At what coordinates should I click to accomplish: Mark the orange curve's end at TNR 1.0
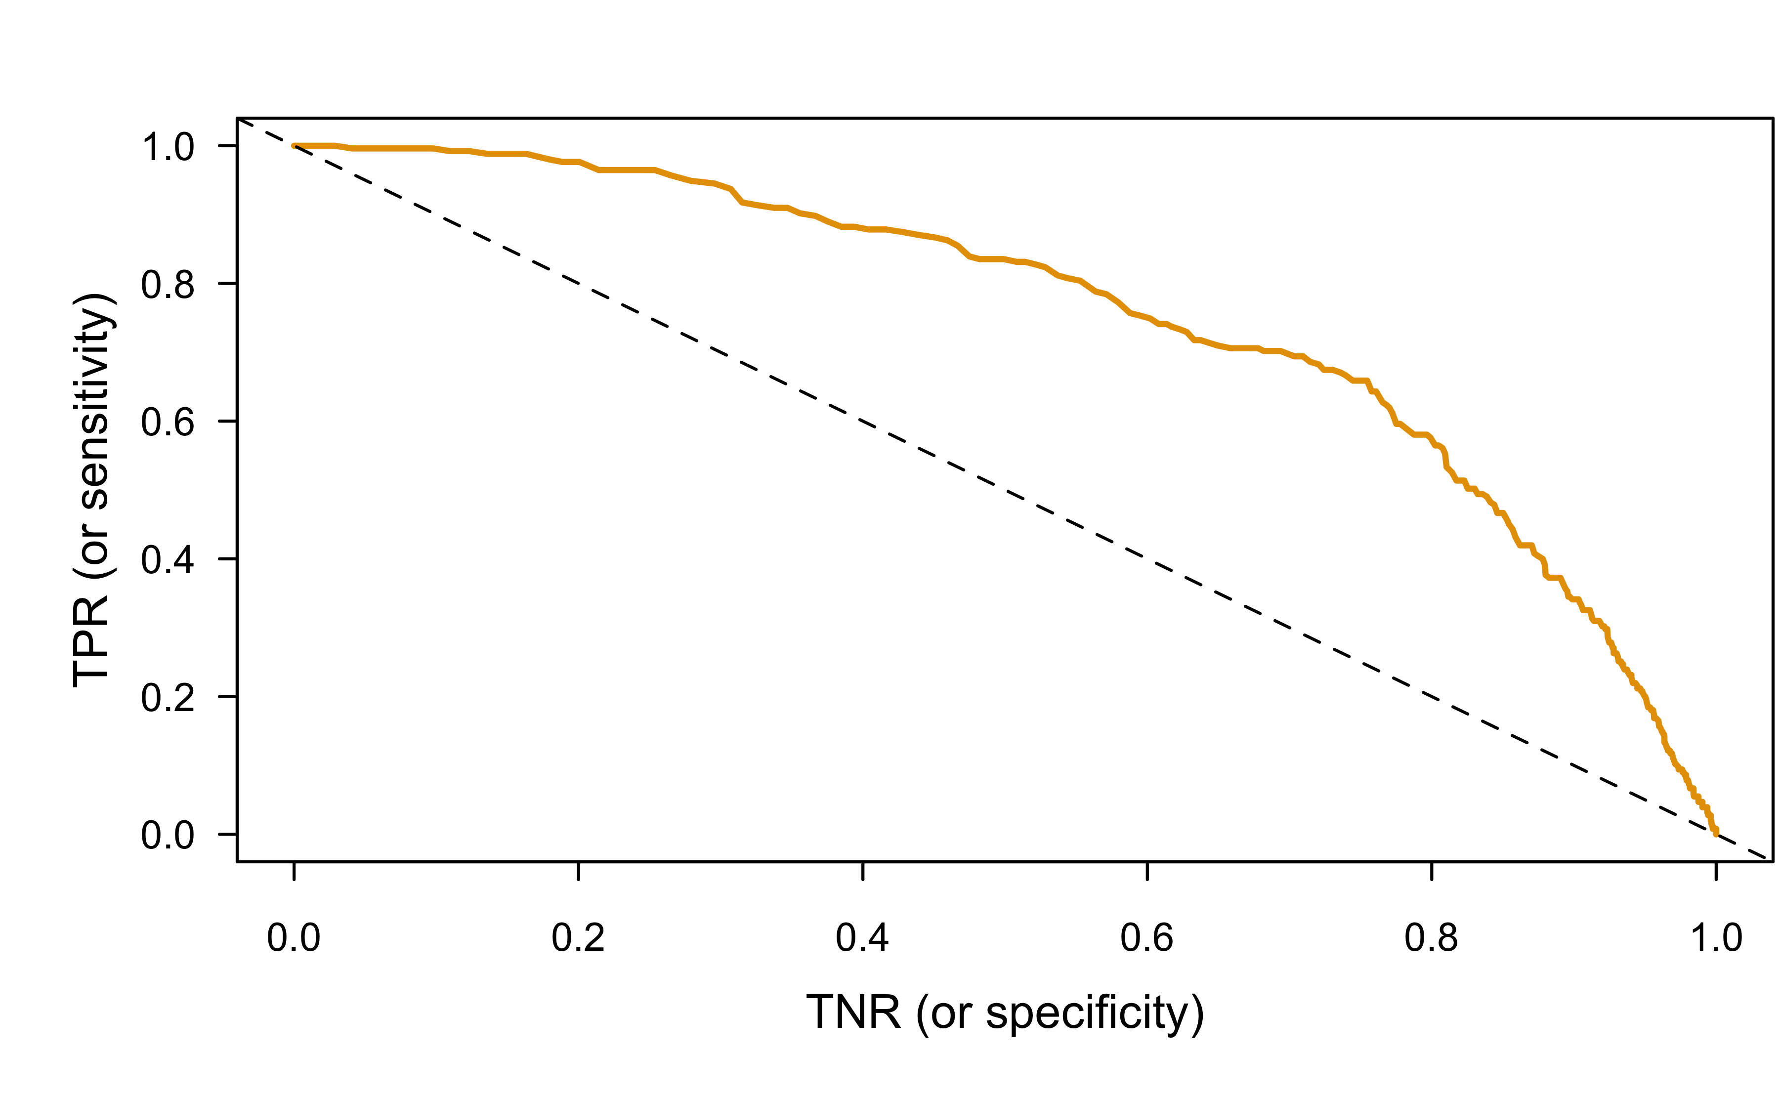click(1715, 833)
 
